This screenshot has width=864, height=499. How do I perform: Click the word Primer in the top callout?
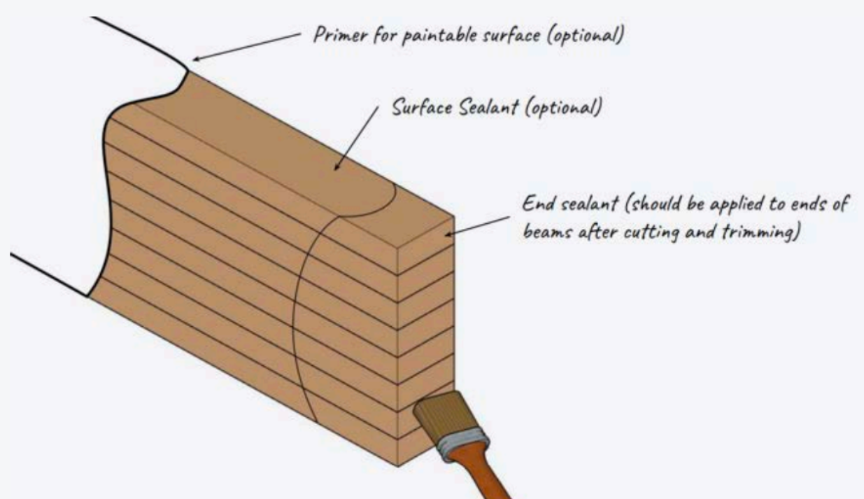pos(341,35)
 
